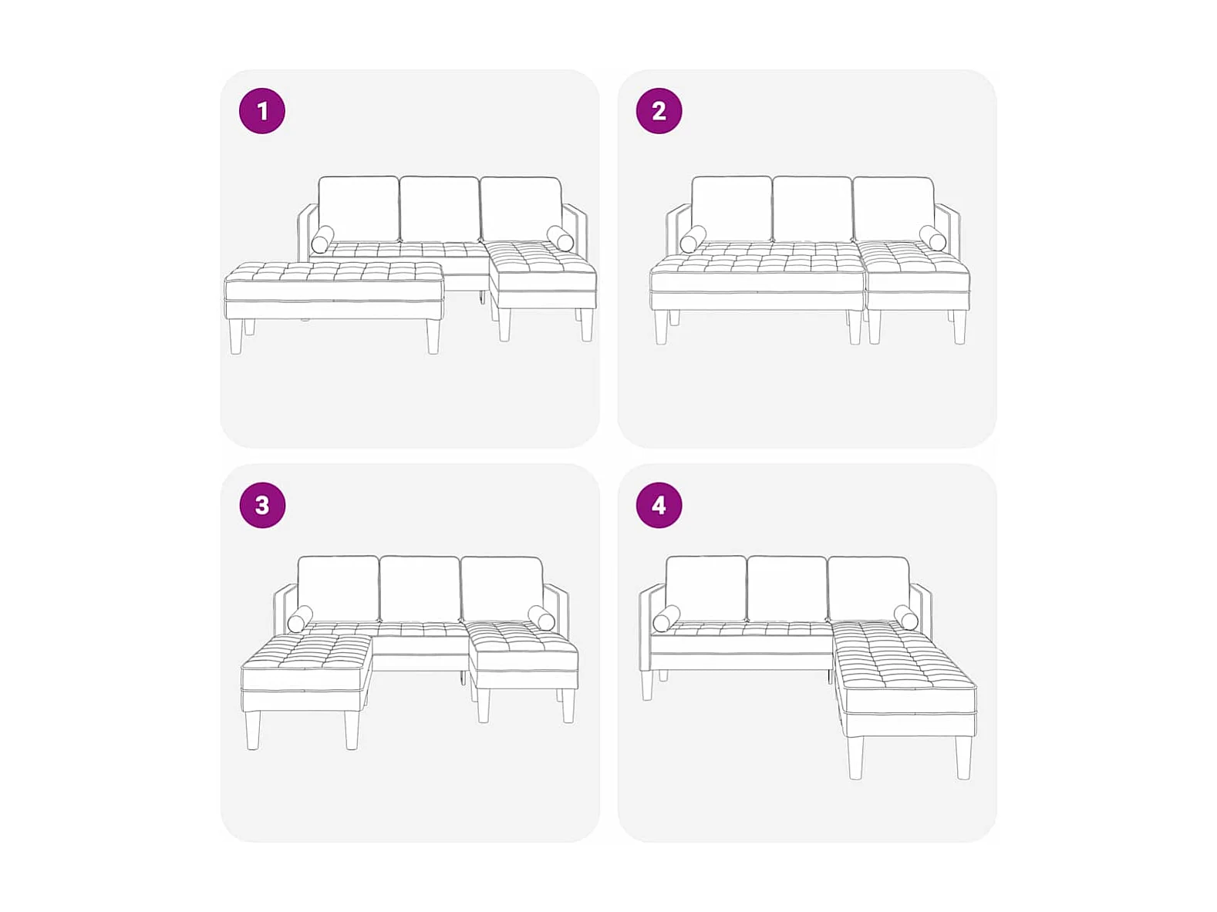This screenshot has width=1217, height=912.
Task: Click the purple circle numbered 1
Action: [262, 111]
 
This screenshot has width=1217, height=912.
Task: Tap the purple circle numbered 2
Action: [659, 111]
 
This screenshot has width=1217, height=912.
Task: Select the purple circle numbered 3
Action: [262, 505]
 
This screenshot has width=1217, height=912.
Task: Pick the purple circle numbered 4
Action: [659, 505]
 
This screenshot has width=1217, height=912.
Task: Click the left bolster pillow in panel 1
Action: [322, 239]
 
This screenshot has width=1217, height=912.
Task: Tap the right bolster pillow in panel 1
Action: [560, 238]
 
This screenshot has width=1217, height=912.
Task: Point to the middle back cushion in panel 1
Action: [440, 209]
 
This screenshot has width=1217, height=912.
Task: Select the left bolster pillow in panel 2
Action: [693, 239]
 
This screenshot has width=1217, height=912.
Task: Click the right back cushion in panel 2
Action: [893, 209]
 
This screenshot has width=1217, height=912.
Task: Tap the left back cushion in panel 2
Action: [732, 209]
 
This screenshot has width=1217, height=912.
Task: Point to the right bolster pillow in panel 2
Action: [932, 238]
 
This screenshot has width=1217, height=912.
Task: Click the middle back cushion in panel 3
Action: [420, 588]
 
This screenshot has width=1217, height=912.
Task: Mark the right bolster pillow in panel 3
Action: [541, 618]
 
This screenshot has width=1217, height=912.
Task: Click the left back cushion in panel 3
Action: [339, 588]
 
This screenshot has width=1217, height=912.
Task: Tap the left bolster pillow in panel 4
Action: [666, 618]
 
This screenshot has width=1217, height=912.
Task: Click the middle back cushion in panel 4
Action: [787, 588]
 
